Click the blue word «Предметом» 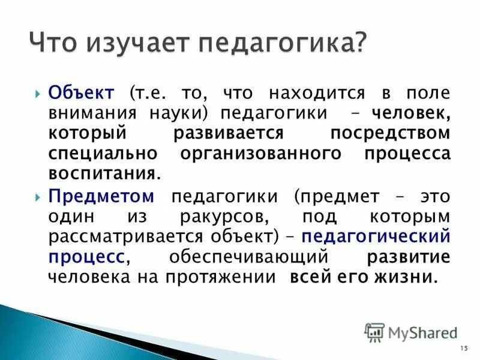(x=102, y=196)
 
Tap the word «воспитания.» (x=105, y=173)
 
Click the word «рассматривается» (x=123, y=236)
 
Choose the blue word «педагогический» (x=376, y=236)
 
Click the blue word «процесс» (x=88, y=257)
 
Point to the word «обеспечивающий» (x=248, y=257)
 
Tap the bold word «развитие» (x=407, y=257)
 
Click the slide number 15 (x=462, y=349)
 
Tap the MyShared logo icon (x=375, y=331)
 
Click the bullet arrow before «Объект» (x=38, y=94)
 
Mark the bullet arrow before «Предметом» (x=38, y=196)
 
